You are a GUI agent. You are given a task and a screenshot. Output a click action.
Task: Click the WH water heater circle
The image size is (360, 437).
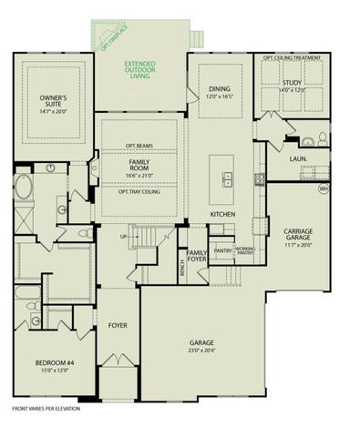(322, 189)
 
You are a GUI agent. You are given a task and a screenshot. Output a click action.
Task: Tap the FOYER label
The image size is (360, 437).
(118, 323)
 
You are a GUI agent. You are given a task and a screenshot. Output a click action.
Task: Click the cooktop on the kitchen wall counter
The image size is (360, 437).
(260, 177)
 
